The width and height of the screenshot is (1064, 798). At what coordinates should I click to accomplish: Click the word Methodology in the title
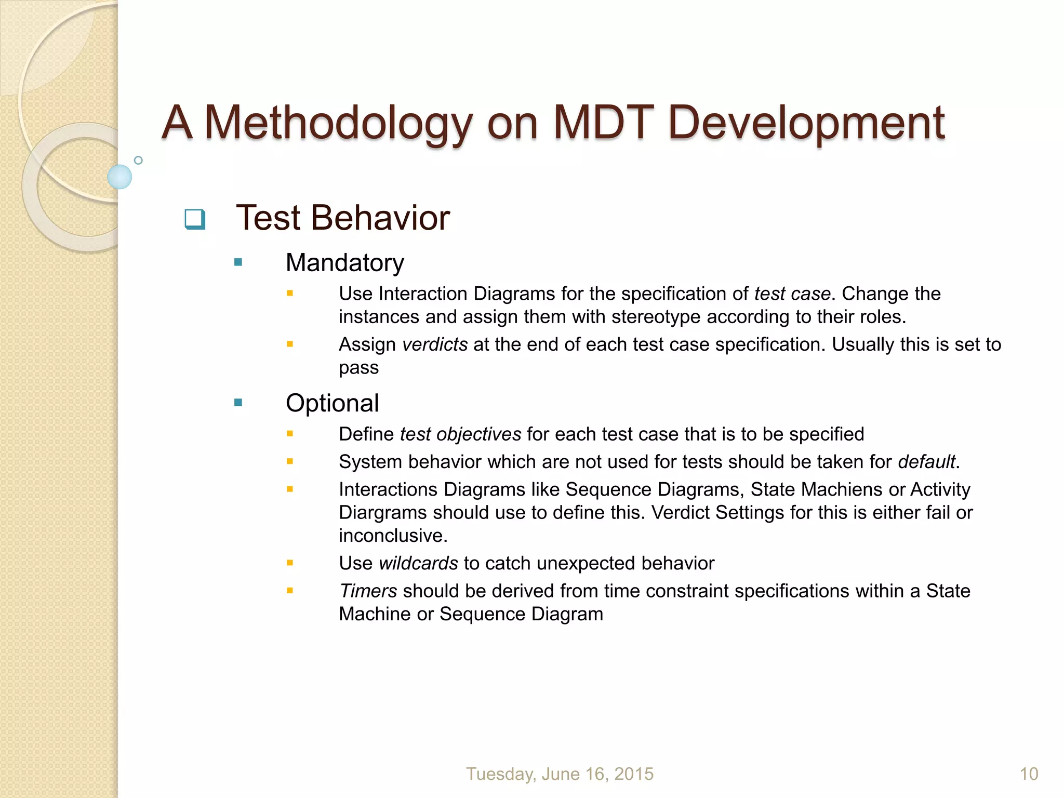point(338,123)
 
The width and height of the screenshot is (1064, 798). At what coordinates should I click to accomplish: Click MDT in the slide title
point(603,123)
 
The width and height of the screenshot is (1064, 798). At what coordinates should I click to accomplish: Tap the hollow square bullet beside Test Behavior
point(195,219)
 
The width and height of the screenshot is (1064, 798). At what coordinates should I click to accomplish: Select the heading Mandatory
point(344,262)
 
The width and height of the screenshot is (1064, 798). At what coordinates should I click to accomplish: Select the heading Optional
point(332,403)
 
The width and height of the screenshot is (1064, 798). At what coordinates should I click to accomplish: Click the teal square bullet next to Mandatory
point(238,262)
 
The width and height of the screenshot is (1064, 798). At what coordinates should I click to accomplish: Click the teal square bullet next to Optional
point(238,403)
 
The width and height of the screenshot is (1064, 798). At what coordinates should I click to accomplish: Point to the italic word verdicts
point(435,344)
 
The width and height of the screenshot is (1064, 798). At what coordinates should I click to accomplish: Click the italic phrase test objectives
point(460,434)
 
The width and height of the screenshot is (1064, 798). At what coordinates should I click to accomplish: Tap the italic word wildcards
point(418,563)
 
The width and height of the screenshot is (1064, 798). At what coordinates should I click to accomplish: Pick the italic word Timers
point(368,591)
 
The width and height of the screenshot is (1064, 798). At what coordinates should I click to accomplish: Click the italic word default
point(926,462)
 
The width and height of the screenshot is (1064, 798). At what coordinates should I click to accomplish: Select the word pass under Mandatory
point(358,368)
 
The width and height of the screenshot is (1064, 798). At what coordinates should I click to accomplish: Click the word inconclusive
point(393,536)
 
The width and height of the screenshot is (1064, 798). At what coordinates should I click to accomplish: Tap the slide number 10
point(1029,774)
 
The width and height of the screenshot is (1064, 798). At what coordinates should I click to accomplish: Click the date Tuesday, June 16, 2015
point(560,774)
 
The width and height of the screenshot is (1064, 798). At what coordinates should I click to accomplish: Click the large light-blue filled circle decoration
point(119,177)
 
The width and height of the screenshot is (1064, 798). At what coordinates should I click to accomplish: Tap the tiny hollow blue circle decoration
point(138,160)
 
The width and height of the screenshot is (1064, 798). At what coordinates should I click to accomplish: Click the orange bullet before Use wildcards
point(290,563)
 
